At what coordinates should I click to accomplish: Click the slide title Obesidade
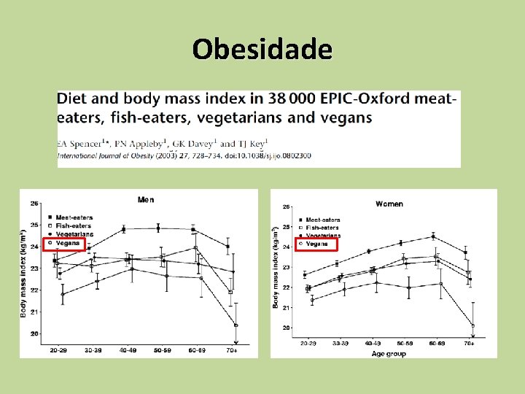click(x=262, y=49)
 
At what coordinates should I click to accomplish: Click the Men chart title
click(x=146, y=199)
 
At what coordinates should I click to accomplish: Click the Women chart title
click(x=389, y=204)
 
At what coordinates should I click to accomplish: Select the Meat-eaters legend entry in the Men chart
click(x=73, y=218)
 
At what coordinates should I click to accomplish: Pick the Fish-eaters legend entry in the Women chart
click(x=322, y=228)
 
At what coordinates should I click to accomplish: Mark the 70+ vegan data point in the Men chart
click(x=236, y=325)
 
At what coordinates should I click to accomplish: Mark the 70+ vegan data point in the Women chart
click(x=473, y=325)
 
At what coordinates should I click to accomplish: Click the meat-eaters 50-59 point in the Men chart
click(x=158, y=228)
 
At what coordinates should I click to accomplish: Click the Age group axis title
click(x=389, y=353)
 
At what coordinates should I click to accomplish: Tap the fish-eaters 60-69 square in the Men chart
click(x=195, y=247)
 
